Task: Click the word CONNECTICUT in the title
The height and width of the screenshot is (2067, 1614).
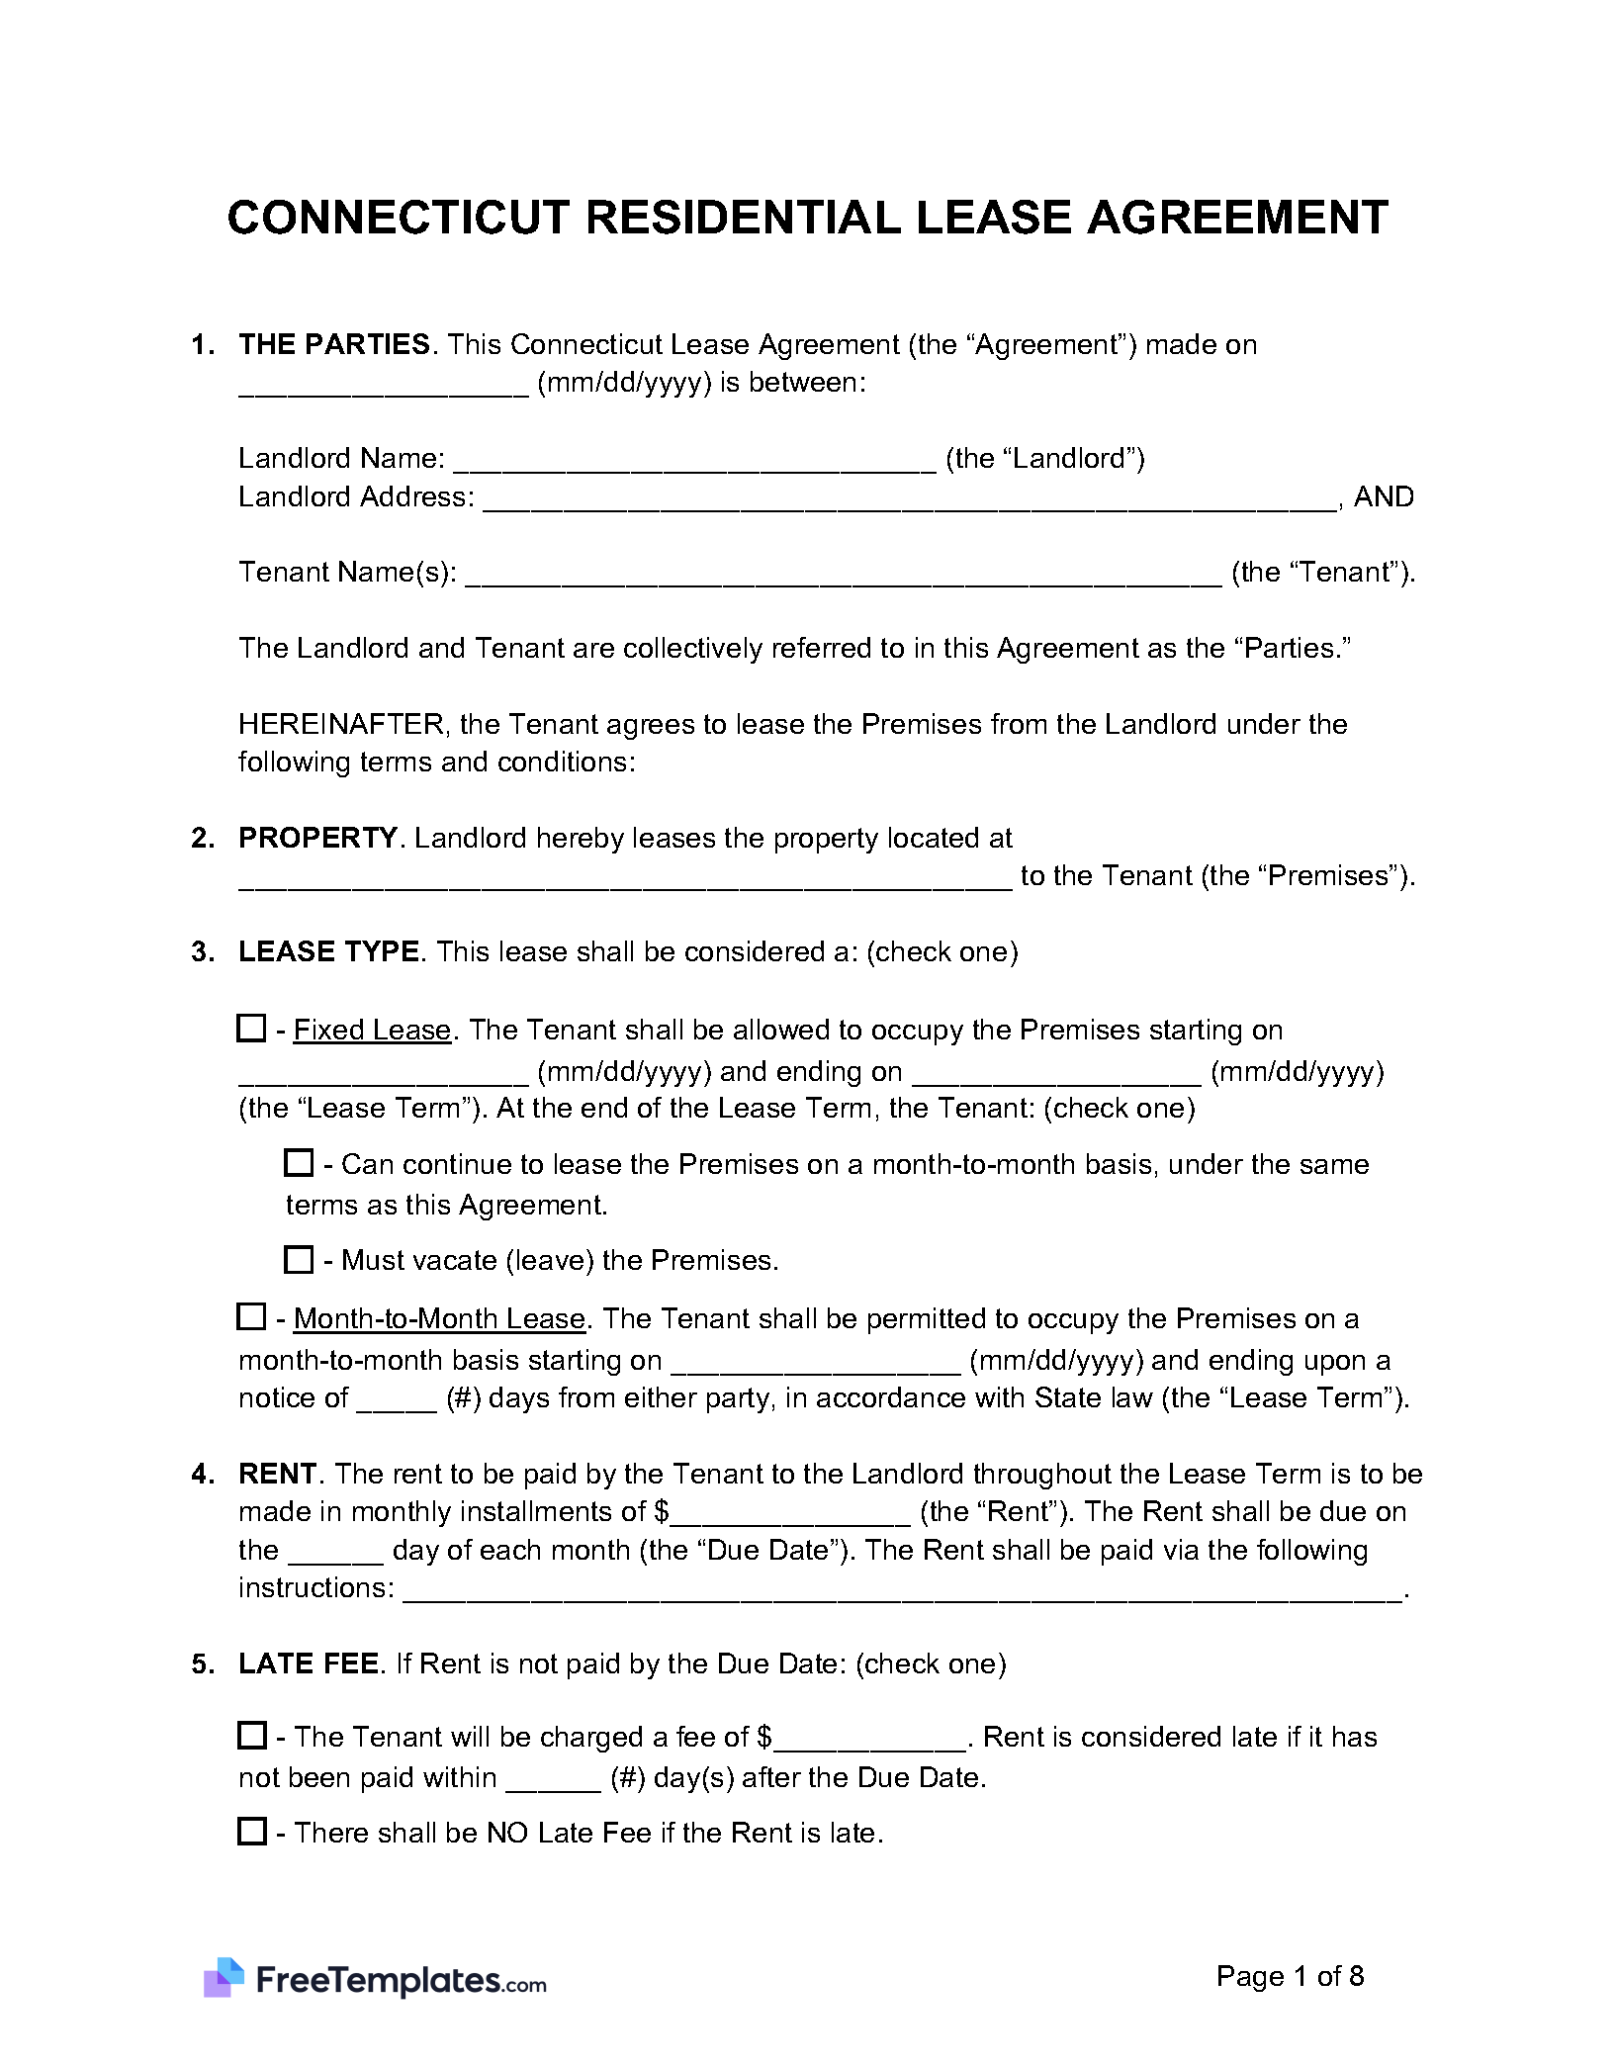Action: click(399, 219)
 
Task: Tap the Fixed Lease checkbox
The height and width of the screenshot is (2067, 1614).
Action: click(251, 1029)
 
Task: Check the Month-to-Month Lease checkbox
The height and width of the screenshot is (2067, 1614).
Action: click(251, 1316)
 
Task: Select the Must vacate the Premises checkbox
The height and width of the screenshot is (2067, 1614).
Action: click(298, 1259)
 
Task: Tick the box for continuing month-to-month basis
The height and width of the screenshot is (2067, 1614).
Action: click(298, 1162)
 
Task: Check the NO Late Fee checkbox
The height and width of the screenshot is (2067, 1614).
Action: click(252, 1831)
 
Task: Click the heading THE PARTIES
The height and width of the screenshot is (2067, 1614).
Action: click(334, 344)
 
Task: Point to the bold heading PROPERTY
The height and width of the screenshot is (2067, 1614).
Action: click(317, 838)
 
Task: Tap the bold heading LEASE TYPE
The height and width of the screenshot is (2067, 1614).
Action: click(328, 951)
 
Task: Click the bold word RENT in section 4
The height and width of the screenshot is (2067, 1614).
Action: click(276, 1474)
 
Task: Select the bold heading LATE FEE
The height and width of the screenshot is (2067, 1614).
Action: click(309, 1663)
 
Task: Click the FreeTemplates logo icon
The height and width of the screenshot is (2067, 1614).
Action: click(224, 1977)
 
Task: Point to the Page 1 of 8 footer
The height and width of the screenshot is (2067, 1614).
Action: click(1290, 1976)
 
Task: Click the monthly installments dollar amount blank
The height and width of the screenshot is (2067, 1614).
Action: click(790, 1513)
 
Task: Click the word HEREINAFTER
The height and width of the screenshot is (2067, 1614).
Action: click(342, 724)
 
